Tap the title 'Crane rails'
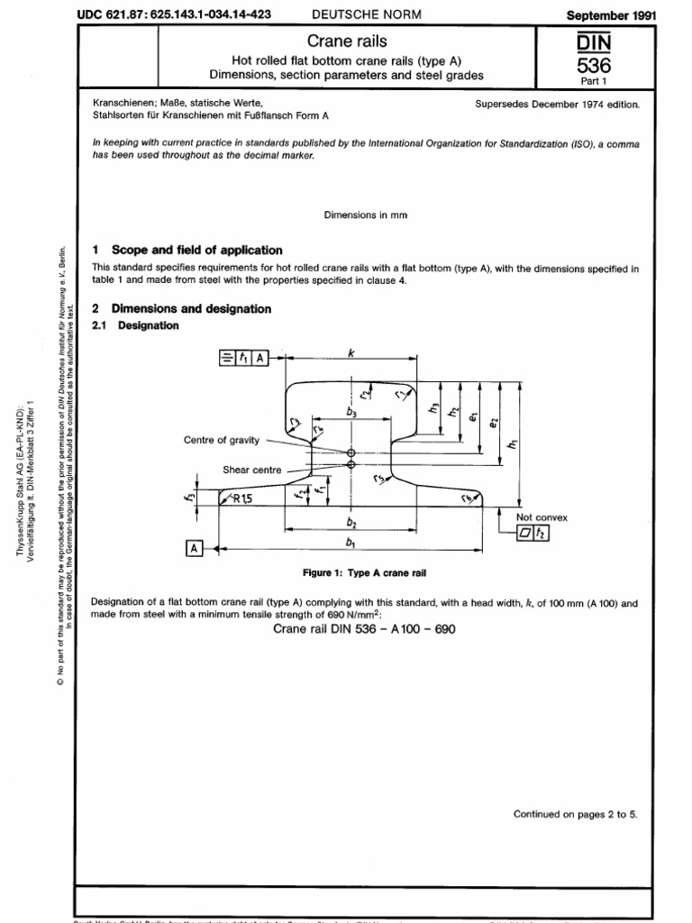[360, 41]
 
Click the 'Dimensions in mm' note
[360, 215]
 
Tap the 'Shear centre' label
[252, 470]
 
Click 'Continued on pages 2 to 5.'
[575, 814]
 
